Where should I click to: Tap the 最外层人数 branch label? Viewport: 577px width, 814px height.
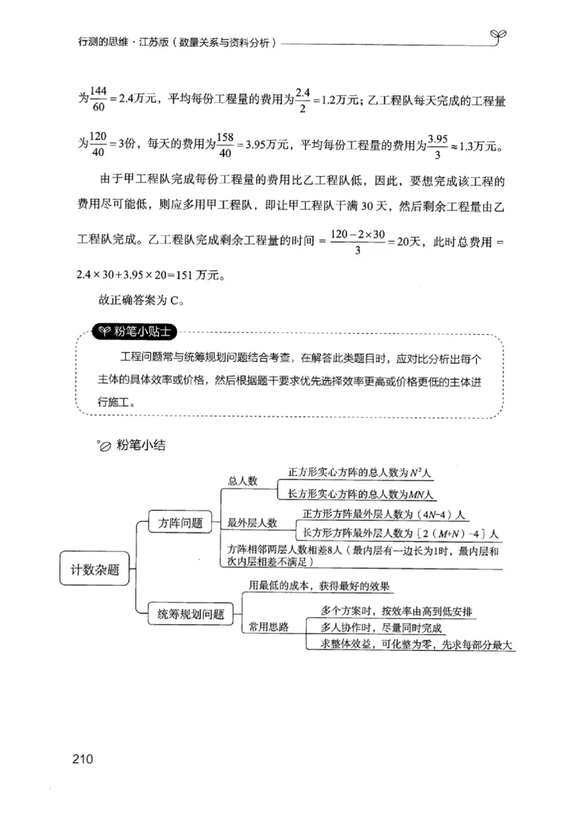pos(252,522)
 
